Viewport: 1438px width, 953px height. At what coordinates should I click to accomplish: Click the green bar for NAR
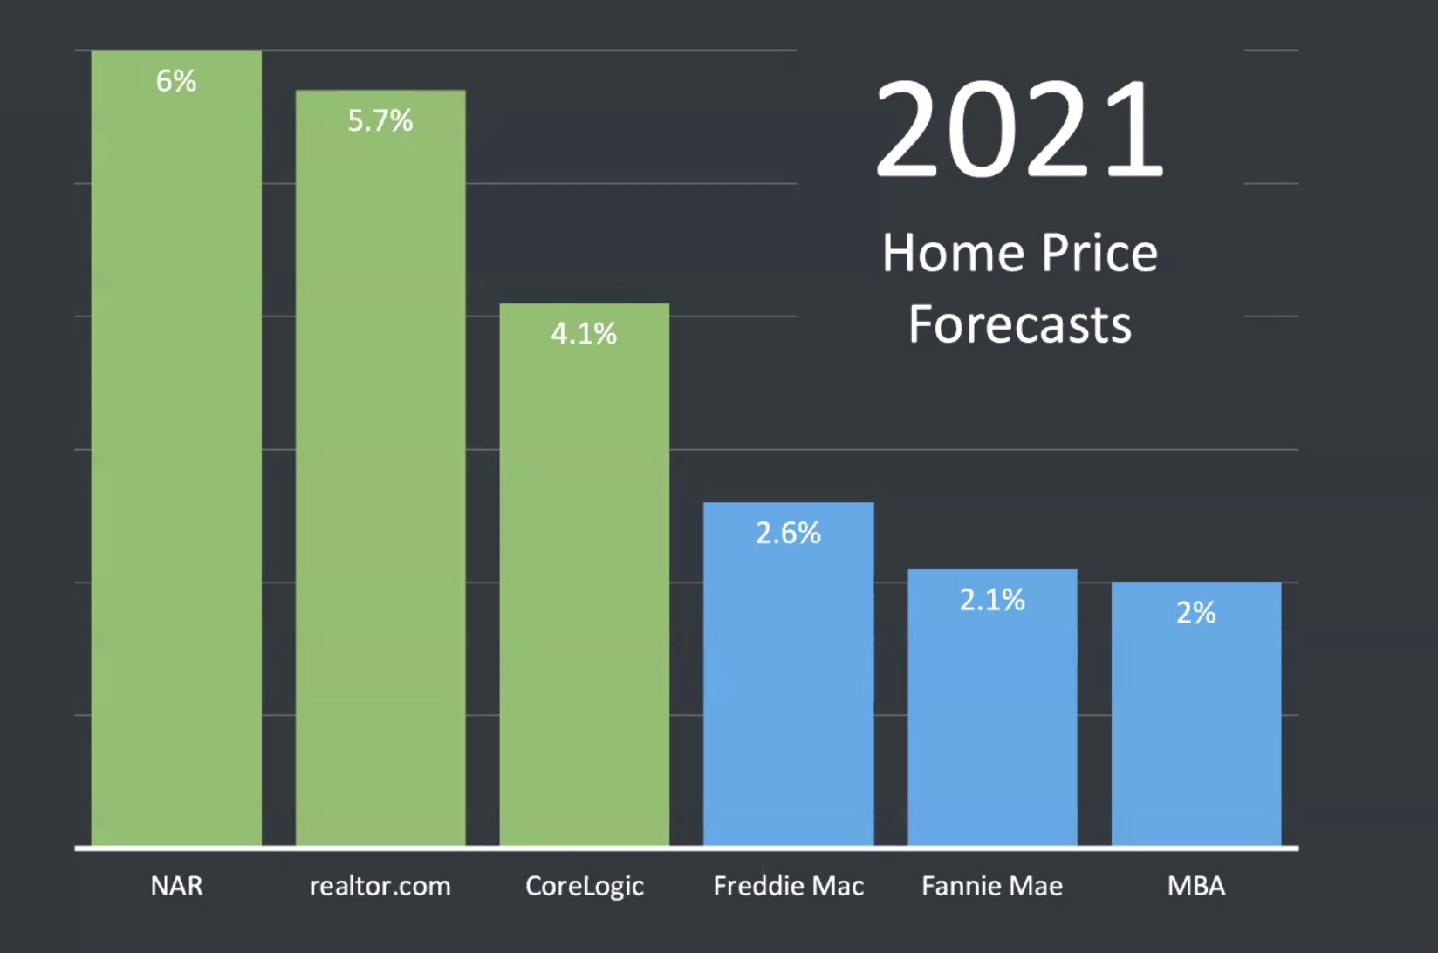tap(176, 453)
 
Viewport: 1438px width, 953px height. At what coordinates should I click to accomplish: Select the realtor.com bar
tap(380, 471)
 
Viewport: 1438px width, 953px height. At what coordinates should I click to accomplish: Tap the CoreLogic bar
tap(584, 575)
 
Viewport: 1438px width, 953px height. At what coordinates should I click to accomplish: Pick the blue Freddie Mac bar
tap(788, 680)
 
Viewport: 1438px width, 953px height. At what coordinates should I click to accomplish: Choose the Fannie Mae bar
tap(992, 715)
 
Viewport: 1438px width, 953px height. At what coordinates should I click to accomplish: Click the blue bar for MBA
tap(1196, 724)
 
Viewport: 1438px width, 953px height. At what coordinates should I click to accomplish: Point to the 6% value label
tap(176, 81)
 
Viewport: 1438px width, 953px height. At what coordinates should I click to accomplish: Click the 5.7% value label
tap(380, 120)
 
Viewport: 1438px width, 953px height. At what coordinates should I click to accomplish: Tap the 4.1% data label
tap(584, 333)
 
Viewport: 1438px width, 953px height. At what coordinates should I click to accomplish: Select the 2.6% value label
tap(788, 533)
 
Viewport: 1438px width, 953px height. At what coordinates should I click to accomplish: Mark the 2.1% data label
tap(992, 600)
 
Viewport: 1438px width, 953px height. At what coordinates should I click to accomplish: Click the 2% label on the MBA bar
tap(1196, 613)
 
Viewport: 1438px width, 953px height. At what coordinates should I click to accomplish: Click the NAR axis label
tap(176, 886)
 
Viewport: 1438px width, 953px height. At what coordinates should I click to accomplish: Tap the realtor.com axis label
tap(380, 886)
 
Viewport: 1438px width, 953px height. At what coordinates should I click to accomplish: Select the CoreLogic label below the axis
tap(584, 886)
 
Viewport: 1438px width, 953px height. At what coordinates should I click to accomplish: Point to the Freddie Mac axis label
tap(788, 886)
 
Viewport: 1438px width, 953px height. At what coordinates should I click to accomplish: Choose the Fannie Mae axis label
tap(992, 886)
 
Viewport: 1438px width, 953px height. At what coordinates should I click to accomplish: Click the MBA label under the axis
tap(1196, 886)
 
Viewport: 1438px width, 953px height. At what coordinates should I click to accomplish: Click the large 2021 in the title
tap(1019, 129)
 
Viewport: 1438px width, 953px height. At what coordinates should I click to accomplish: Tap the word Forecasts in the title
tap(1019, 324)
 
